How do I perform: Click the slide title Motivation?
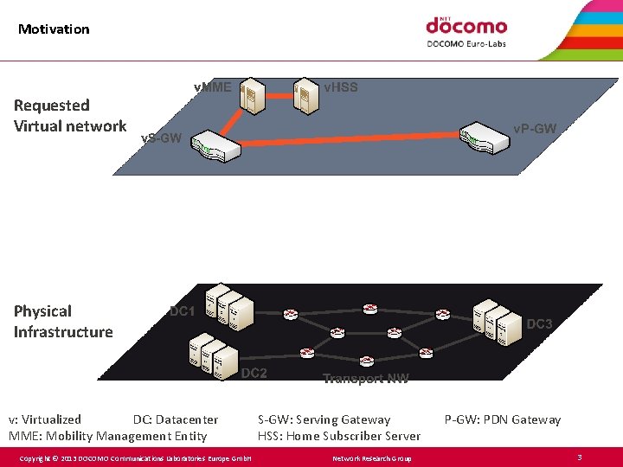[54, 29]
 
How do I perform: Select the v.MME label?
[212, 86]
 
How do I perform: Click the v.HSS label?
[340, 86]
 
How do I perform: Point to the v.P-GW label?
[534, 129]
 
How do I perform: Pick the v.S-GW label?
[161, 138]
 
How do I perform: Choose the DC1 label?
[182, 311]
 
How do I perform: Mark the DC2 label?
[254, 374]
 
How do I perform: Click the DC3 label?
[539, 324]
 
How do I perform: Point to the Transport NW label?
[365, 378]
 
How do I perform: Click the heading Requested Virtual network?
[70, 116]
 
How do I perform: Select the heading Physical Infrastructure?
[63, 322]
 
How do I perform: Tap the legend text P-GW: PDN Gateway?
[502, 419]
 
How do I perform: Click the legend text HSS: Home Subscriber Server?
[339, 436]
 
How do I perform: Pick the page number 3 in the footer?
[579, 457]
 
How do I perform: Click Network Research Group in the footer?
[372, 457]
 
